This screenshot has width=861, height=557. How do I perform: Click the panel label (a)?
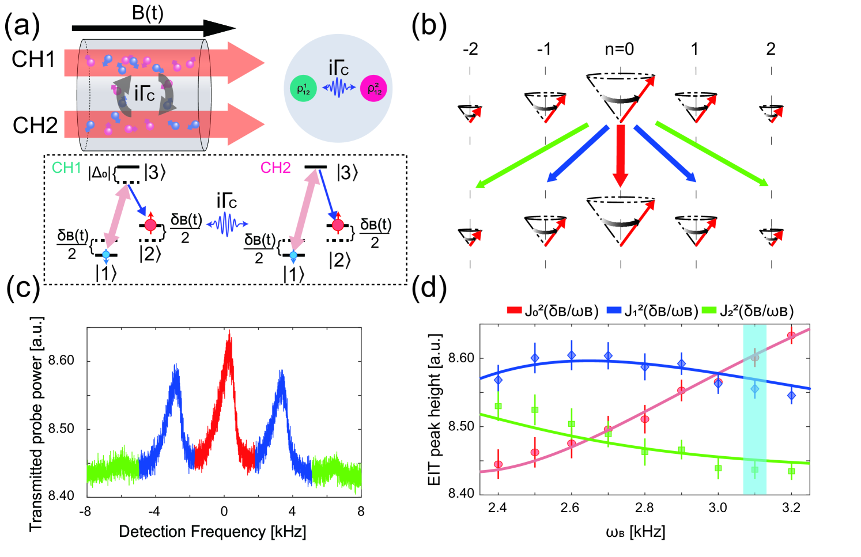[x=22, y=26]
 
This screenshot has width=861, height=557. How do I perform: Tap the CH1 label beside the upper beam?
[x=33, y=59]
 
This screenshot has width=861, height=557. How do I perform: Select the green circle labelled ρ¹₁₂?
[x=303, y=89]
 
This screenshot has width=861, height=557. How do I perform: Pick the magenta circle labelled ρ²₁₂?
[x=373, y=89]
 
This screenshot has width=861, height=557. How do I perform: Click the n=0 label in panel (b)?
[x=619, y=49]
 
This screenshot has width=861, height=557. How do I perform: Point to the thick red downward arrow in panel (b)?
[x=620, y=156]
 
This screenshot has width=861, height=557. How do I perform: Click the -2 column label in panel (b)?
[x=470, y=49]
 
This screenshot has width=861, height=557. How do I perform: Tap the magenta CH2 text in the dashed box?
[x=275, y=168]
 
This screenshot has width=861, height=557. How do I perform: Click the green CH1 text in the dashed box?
[x=66, y=168]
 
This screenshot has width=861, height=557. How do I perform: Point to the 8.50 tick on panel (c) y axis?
[x=61, y=429]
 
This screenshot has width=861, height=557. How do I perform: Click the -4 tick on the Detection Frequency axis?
[x=154, y=511]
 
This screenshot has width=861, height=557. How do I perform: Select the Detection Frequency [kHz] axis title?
[x=212, y=531]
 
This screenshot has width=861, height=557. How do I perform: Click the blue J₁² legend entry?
[x=652, y=311]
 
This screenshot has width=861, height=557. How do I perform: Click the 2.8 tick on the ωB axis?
[x=644, y=507]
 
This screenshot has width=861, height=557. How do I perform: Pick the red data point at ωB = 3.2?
[x=791, y=335]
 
